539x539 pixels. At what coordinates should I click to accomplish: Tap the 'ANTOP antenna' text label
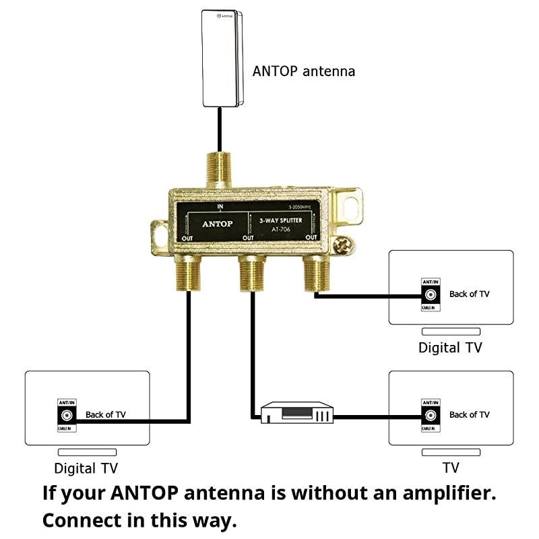click(x=303, y=71)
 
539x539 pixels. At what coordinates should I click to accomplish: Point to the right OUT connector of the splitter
click(x=313, y=274)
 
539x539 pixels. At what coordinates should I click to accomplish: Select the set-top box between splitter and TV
click(x=296, y=412)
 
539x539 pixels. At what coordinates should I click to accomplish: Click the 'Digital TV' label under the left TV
click(x=90, y=468)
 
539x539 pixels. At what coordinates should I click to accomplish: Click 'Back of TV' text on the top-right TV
click(x=470, y=294)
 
